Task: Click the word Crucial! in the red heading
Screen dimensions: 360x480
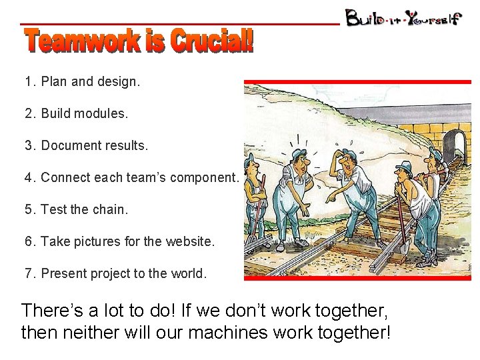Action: click(212, 41)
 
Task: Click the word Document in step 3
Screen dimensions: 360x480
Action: click(69, 145)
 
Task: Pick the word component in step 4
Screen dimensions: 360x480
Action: click(205, 177)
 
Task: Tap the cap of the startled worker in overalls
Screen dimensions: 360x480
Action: click(298, 153)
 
